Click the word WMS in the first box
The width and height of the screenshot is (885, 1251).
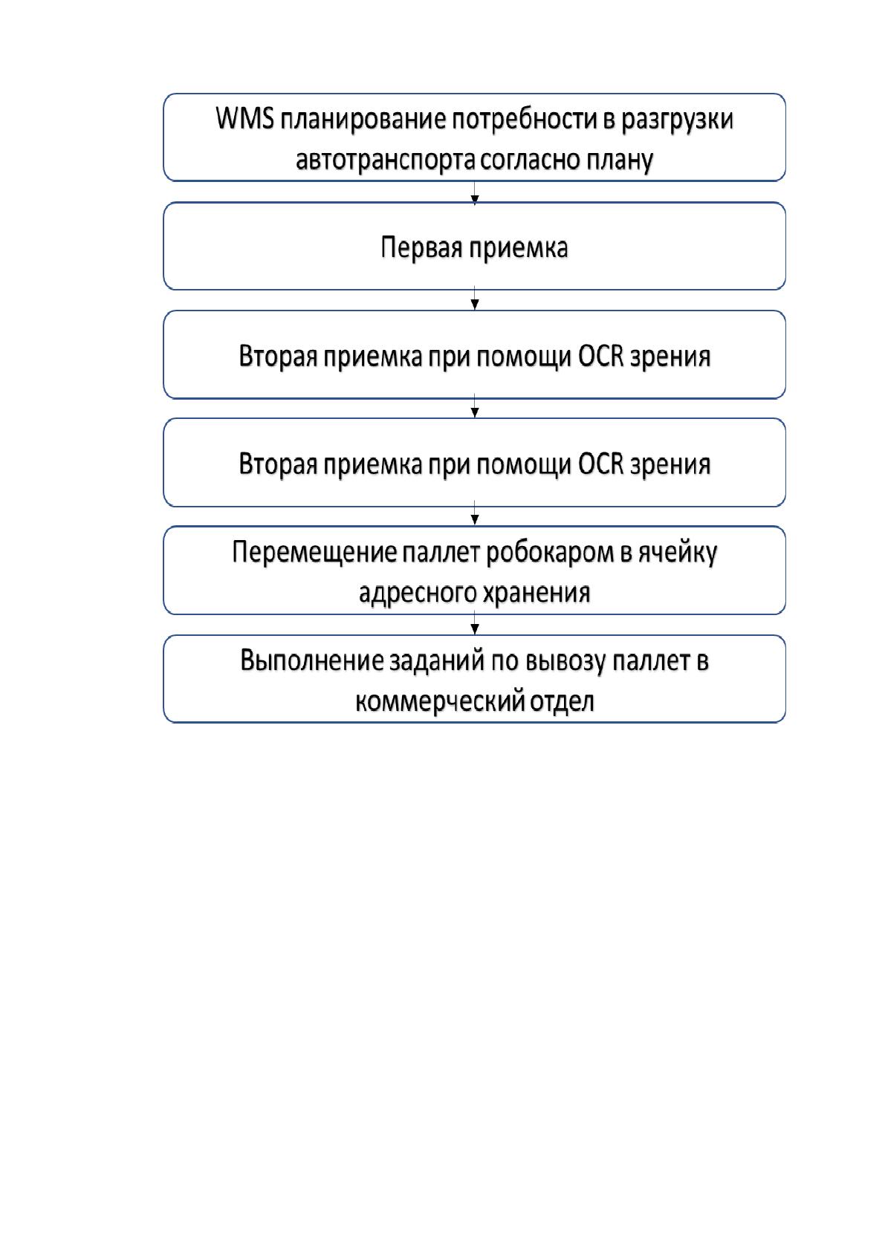(x=244, y=118)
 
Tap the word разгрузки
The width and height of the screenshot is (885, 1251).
(x=677, y=120)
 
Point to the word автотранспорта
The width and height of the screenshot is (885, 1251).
(x=386, y=160)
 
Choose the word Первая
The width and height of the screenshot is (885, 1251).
(x=421, y=247)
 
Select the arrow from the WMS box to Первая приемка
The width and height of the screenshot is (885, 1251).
(x=474, y=192)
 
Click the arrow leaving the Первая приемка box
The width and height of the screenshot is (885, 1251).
(x=474, y=298)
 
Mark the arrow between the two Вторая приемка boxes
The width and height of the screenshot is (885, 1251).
(x=474, y=406)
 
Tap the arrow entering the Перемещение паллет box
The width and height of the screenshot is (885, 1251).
(x=474, y=513)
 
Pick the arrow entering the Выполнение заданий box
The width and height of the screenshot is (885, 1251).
(x=474, y=622)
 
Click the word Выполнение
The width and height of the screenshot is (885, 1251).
(x=312, y=661)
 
